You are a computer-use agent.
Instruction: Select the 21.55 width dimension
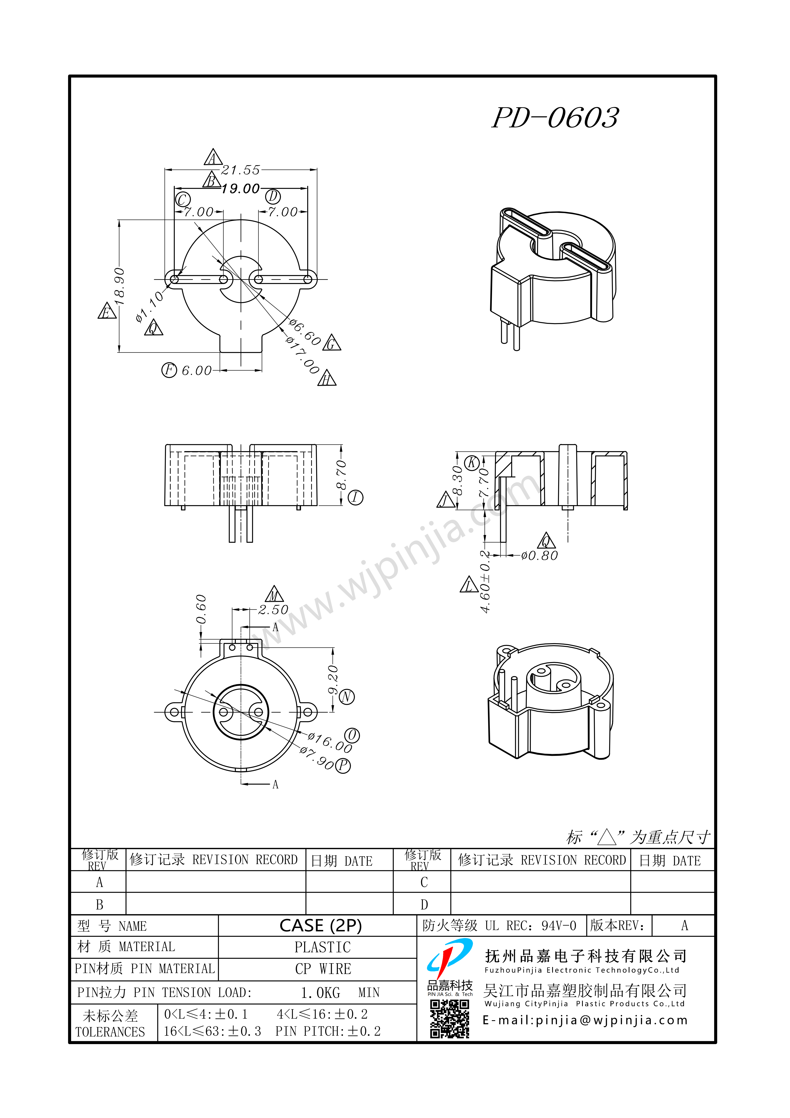coord(241,170)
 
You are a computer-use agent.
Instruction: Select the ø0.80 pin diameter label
coord(539,556)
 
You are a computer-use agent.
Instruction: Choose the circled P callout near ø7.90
coord(343,766)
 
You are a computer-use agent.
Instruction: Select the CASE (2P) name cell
coord(321,926)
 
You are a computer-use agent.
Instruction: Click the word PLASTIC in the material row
coord(322,947)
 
